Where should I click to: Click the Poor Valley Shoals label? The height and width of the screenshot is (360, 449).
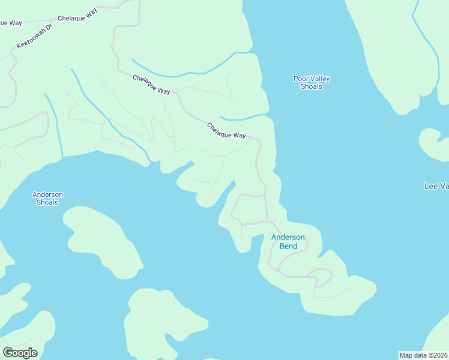(x=312, y=83)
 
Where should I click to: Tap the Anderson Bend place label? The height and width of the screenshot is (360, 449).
(x=288, y=241)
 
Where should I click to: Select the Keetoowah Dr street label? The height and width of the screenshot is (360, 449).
(x=35, y=37)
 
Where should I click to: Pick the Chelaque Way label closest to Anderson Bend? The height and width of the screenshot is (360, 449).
(x=226, y=131)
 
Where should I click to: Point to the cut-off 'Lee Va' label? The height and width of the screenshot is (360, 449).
(x=436, y=187)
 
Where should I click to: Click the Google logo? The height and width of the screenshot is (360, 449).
(x=20, y=353)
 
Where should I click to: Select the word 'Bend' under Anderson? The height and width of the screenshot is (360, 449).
(x=288, y=246)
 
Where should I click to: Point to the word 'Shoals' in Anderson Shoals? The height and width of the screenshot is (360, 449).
(x=47, y=202)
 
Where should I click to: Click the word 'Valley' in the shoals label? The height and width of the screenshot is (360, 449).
(x=320, y=79)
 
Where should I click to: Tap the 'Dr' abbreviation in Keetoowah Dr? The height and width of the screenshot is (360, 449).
(x=49, y=28)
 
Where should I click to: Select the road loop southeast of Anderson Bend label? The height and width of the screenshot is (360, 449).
(x=321, y=277)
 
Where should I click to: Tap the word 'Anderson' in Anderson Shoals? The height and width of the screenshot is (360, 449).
(x=47, y=194)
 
